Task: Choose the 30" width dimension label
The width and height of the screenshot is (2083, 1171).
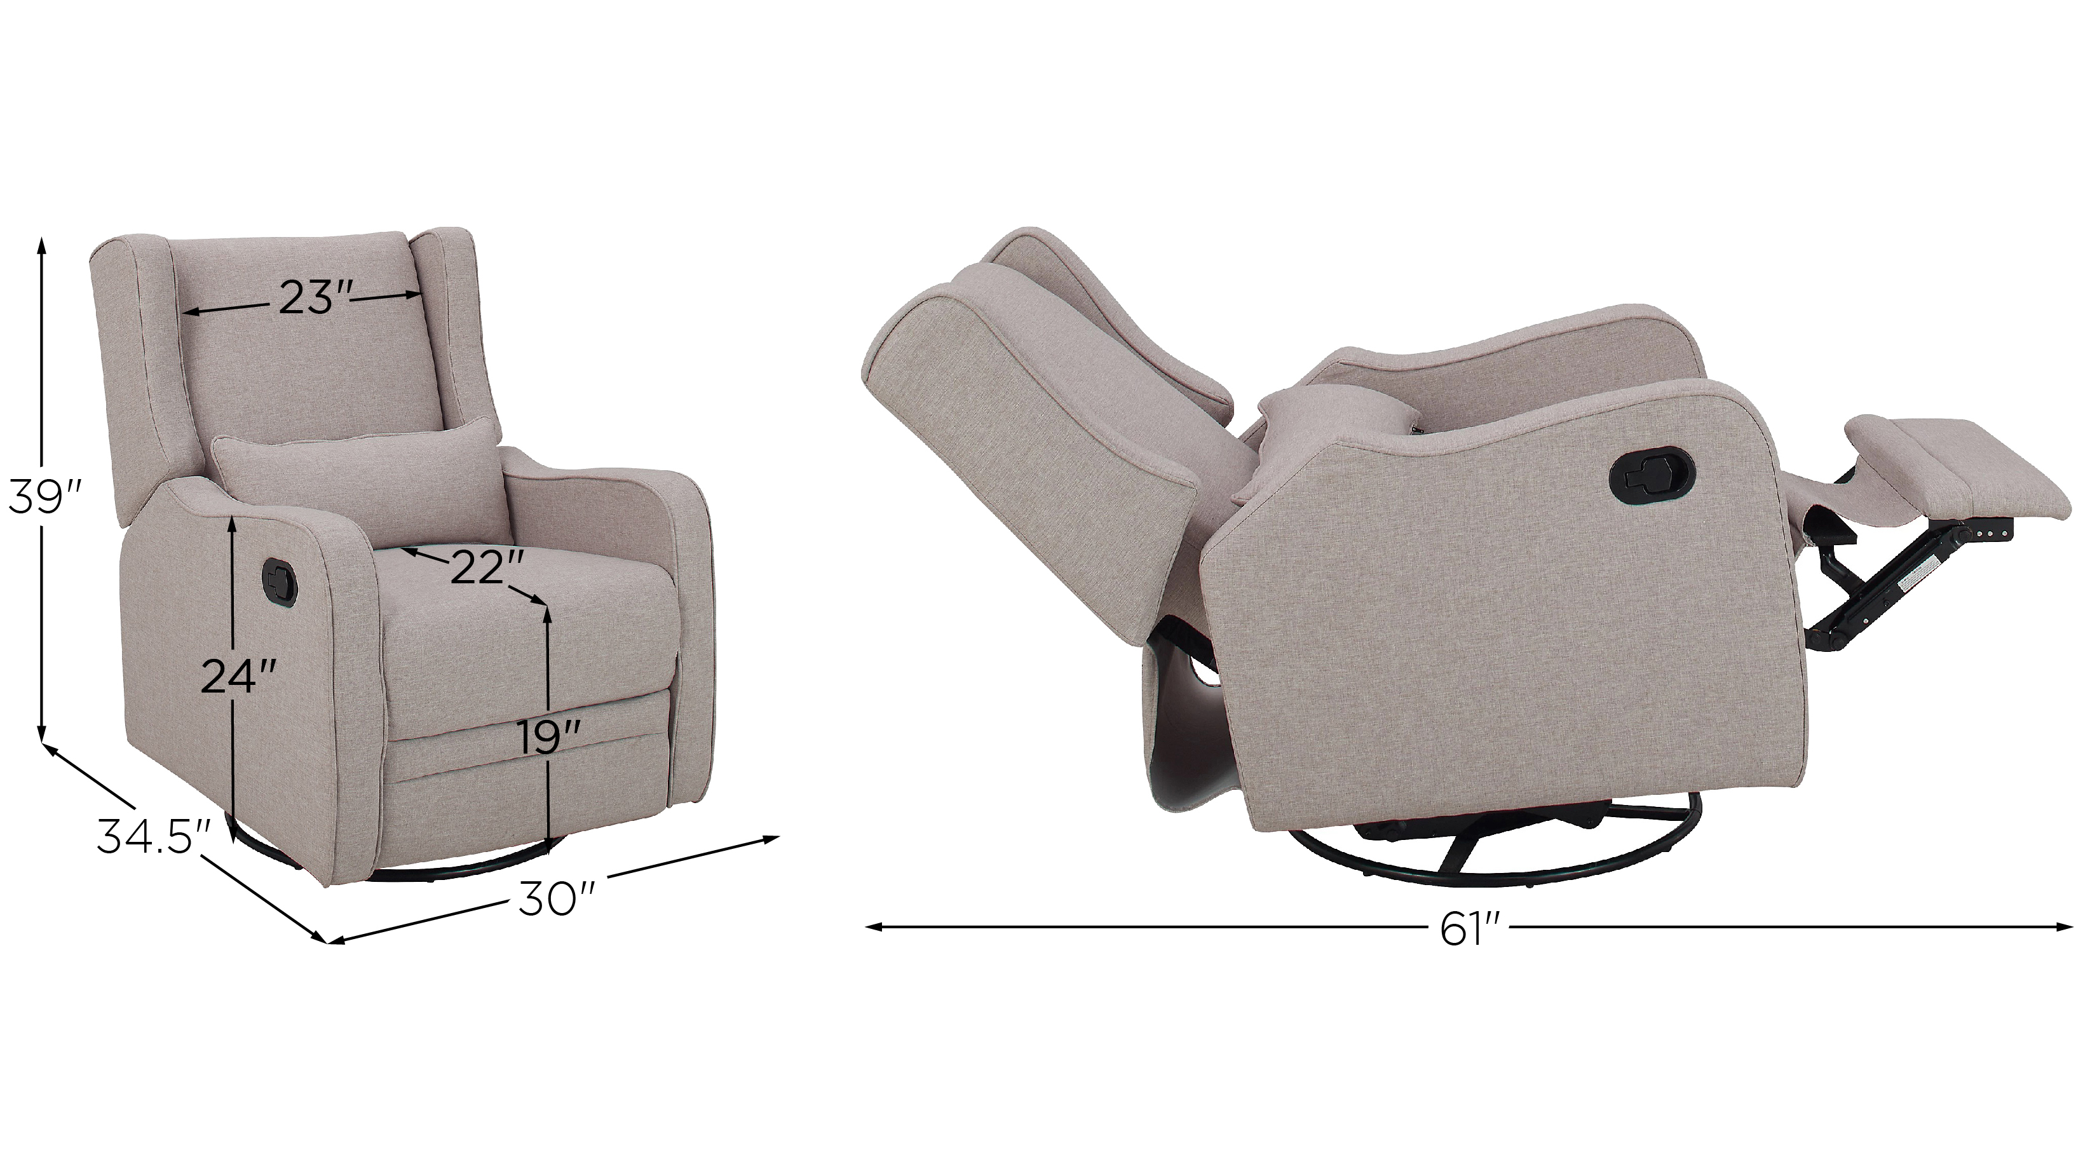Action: pos(558,898)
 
